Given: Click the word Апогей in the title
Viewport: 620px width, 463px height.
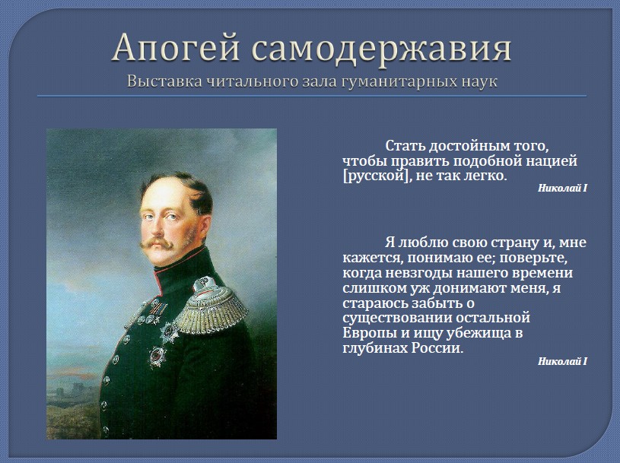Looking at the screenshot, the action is (x=176, y=49).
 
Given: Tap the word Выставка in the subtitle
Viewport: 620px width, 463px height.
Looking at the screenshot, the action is (x=166, y=81).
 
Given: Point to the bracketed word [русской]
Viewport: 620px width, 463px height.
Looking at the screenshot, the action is (x=375, y=176).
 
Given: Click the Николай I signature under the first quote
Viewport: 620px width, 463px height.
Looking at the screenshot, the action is (x=562, y=188).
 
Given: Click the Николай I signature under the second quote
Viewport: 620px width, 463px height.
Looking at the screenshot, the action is (x=562, y=361).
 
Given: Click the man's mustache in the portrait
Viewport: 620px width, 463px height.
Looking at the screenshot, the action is (x=157, y=243).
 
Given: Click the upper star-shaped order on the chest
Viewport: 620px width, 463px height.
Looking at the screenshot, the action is (x=168, y=331).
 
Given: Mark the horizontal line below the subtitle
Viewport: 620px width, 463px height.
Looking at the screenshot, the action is (x=312, y=96).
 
